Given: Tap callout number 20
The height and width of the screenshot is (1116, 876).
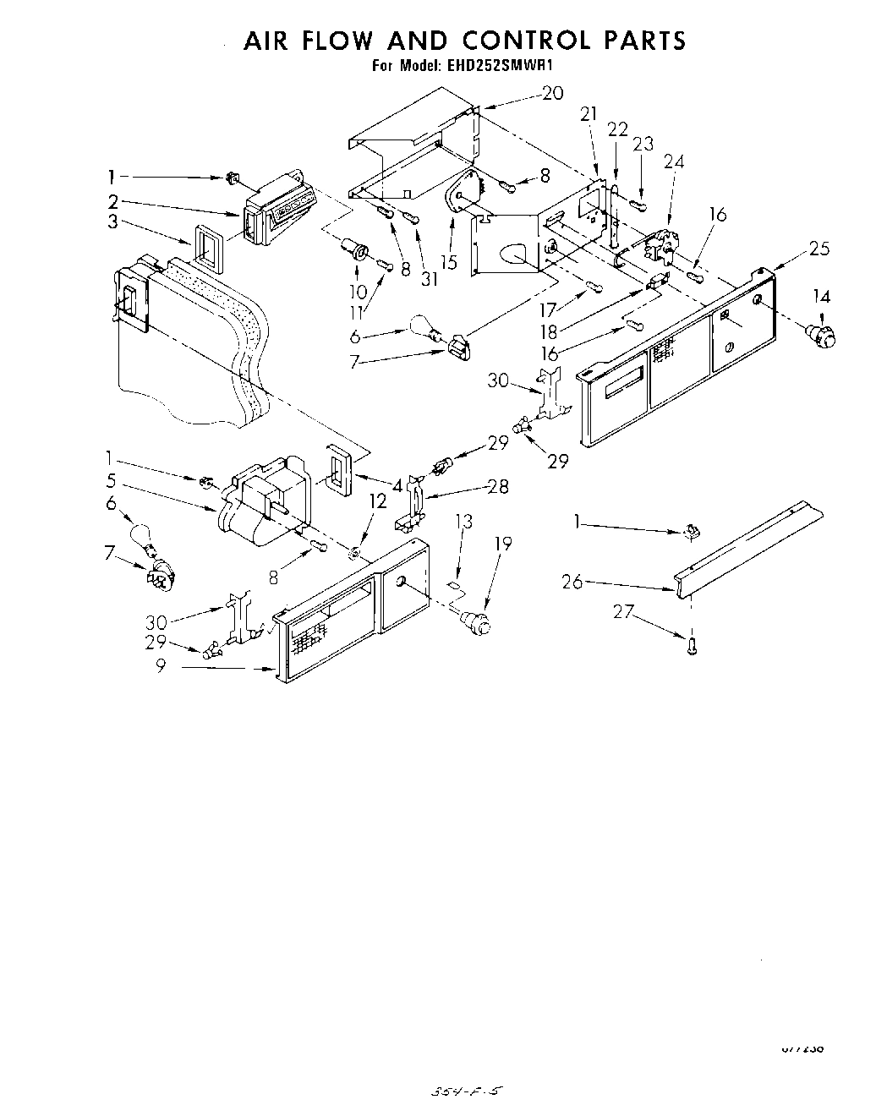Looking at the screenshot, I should coord(552,94).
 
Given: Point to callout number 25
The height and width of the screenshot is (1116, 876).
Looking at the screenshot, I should coord(819,249).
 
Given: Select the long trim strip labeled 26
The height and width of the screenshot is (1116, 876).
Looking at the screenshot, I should coord(748,545).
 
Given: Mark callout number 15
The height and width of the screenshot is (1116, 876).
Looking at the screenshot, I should coord(448,262).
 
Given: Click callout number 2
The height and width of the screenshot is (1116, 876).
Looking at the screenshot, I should coord(112,201).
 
